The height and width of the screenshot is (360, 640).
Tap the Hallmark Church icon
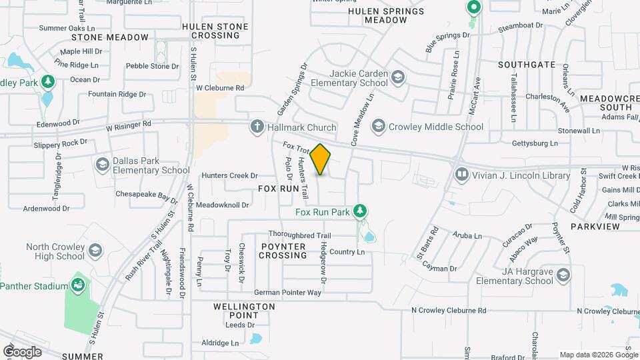[x=257, y=127]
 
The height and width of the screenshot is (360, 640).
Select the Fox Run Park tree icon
[x=360, y=211]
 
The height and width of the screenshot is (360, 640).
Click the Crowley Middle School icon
[x=379, y=126]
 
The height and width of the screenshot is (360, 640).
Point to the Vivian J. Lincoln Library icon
[x=461, y=175]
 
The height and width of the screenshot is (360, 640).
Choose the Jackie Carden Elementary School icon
[x=397, y=78]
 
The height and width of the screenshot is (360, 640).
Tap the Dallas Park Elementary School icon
[x=102, y=164]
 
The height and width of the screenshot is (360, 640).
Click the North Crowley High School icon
[x=95, y=251]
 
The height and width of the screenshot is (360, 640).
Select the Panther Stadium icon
[x=79, y=285]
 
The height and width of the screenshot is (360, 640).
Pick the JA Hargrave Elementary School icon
[x=563, y=275]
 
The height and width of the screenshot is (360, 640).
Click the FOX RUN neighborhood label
[x=279, y=189]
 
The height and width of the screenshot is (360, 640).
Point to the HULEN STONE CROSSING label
[x=215, y=31]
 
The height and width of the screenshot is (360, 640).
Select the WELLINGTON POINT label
[x=244, y=310]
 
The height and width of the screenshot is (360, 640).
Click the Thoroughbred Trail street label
[x=300, y=235]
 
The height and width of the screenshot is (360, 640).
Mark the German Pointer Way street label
[x=287, y=293]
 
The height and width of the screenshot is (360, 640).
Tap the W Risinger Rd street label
[x=128, y=123]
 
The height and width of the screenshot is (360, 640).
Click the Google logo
[x=22, y=351]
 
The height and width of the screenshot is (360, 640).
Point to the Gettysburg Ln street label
[x=535, y=143]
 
